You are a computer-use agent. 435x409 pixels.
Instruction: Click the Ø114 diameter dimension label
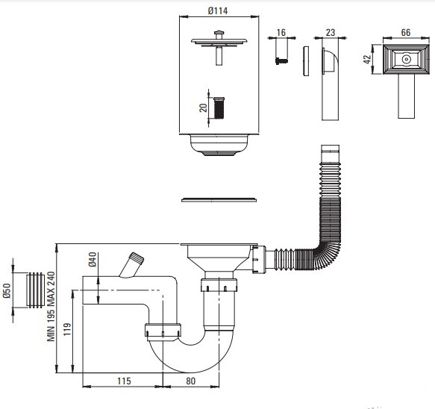click(218, 10)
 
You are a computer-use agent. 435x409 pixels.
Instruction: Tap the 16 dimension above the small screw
click(281, 32)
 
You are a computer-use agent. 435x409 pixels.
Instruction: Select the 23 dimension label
click(331, 32)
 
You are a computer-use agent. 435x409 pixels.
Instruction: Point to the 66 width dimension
click(406, 32)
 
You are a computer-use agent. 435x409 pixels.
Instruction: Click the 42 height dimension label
click(367, 59)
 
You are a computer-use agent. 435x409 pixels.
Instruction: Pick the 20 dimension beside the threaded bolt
click(204, 107)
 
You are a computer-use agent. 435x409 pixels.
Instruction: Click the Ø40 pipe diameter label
click(93, 260)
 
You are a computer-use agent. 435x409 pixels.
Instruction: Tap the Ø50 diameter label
click(7, 291)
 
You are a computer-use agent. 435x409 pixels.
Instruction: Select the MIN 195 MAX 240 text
click(51, 306)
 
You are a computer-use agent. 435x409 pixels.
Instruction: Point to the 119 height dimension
click(67, 329)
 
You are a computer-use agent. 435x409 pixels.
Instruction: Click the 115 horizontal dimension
click(124, 381)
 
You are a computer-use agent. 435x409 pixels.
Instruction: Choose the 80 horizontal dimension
click(190, 381)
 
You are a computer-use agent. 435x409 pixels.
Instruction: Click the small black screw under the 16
click(281, 60)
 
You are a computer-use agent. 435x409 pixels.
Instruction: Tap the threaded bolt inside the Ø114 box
click(219, 107)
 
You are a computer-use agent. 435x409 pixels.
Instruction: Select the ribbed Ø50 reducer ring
click(35, 290)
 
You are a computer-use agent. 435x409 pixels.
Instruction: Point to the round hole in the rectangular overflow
click(406, 59)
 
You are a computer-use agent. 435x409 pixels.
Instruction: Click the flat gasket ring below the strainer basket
click(219, 200)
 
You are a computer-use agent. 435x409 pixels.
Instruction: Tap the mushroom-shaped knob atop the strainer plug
click(219, 32)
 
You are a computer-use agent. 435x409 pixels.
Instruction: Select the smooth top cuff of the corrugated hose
click(330, 153)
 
